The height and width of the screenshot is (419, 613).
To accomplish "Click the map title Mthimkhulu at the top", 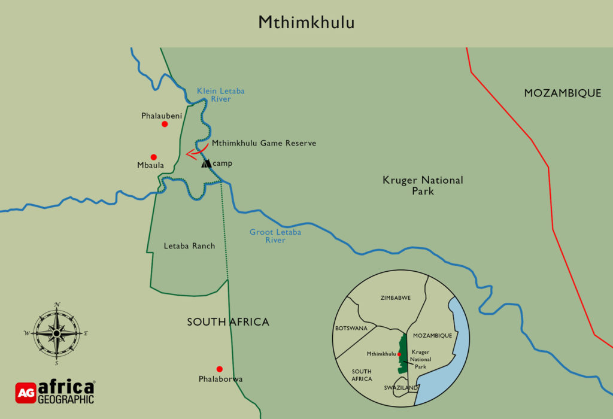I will click(306, 22).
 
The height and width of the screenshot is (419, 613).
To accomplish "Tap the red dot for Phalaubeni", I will click(165, 124).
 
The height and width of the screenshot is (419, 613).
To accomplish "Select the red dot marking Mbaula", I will click(154, 157).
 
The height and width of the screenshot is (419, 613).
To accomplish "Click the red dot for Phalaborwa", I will click(220, 369).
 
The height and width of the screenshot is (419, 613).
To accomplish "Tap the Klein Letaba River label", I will click(221, 95).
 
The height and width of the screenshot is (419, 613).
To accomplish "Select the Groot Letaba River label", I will click(275, 236).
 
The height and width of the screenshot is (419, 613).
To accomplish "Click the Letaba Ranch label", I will click(189, 246).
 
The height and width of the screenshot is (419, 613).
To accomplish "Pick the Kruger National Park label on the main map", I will click(423, 185).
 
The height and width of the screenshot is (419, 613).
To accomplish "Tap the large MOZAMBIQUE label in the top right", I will click(562, 93).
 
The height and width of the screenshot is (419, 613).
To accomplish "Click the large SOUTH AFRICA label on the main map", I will click(228, 322).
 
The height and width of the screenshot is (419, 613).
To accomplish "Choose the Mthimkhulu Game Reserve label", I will click(264, 144).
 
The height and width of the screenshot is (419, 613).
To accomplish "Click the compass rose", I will click(56, 333).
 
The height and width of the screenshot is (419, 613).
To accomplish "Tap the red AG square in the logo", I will click(25, 393).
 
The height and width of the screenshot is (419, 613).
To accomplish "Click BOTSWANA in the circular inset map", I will click(350, 329).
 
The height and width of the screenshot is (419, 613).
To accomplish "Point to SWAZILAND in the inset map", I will click(400, 388).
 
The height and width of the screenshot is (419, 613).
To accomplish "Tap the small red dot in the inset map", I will click(399, 354).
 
